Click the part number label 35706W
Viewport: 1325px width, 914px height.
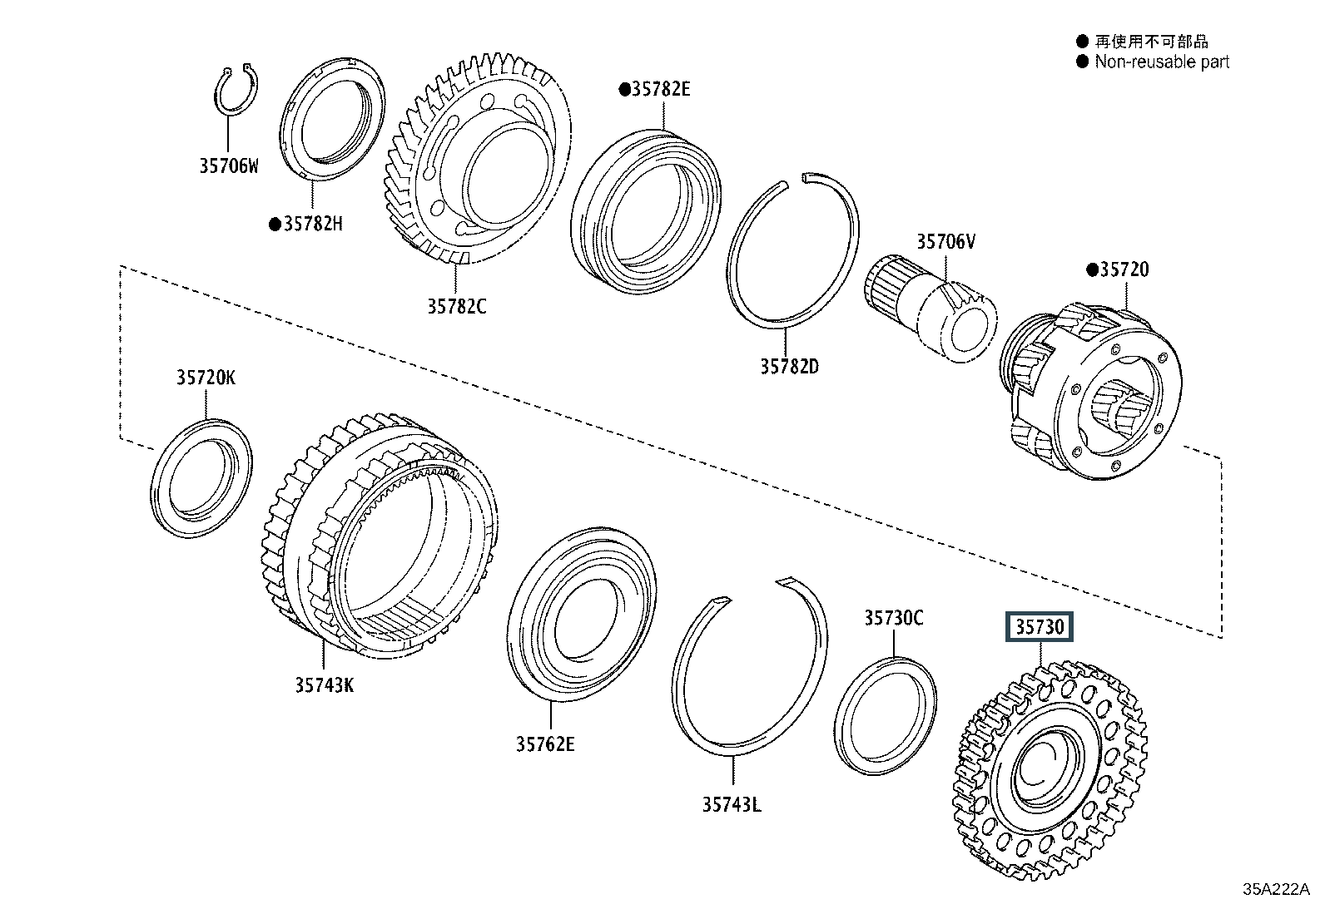(x=229, y=166)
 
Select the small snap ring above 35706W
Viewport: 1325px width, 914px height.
(x=236, y=89)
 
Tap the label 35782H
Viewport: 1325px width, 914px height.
(x=313, y=224)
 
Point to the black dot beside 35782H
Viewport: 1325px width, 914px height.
(x=275, y=225)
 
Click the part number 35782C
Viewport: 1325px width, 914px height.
(x=457, y=307)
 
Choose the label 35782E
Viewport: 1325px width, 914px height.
(x=661, y=89)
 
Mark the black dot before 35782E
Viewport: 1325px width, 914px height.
(x=625, y=90)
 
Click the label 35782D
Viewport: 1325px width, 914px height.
(x=790, y=367)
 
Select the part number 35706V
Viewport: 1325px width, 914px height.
(x=945, y=242)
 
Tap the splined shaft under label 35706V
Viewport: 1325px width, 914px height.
(x=930, y=308)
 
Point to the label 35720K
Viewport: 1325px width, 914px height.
(x=206, y=378)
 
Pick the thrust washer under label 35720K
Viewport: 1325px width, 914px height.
(x=201, y=478)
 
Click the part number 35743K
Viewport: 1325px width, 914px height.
(x=324, y=685)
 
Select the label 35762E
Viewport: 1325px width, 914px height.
(x=545, y=744)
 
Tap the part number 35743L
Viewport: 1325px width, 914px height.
(x=732, y=804)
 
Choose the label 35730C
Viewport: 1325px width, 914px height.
(x=894, y=619)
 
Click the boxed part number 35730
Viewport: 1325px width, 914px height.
(x=1040, y=627)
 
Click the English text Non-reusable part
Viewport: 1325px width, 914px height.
(x=1162, y=62)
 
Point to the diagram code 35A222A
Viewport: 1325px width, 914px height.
(x=1276, y=889)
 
